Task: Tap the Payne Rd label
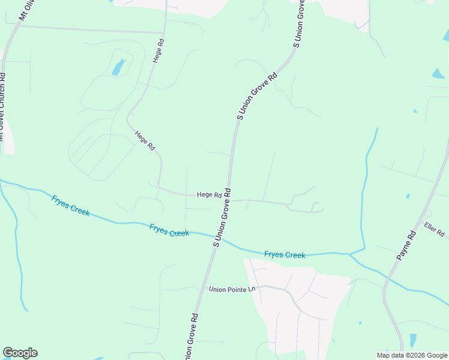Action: (x=407, y=246)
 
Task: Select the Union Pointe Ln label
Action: (x=232, y=289)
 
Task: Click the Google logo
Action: (x=20, y=353)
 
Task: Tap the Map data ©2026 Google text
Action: (x=412, y=355)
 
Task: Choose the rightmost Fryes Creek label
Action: (x=285, y=255)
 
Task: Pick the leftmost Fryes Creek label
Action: (x=70, y=206)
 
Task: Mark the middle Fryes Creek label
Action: (x=169, y=230)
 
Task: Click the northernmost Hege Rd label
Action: (x=158, y=51)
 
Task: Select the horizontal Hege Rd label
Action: (x=209, y=195)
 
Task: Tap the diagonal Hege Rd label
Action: (x=145, y=141)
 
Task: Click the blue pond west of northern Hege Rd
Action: (x=119, y=67)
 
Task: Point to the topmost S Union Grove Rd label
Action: (x=300, y=24)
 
